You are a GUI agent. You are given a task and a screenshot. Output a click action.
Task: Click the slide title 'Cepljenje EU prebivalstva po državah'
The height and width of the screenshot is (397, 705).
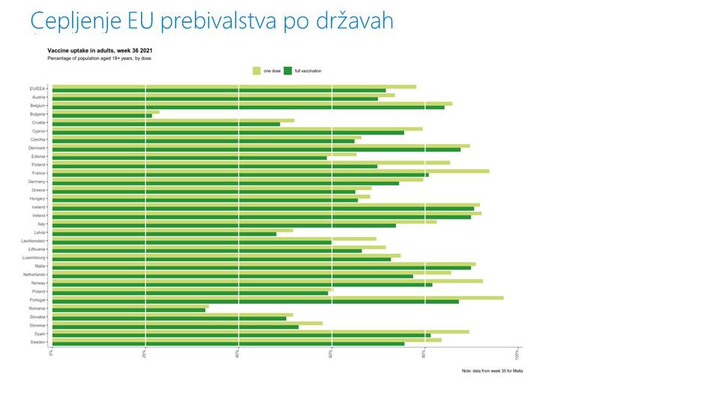(x=212, y=21)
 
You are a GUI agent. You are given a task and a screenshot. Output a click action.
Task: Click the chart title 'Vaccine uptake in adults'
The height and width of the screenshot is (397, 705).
(x=100, y=50)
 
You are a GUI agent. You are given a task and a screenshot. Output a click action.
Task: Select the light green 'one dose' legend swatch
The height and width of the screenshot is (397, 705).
(x=256, y=71)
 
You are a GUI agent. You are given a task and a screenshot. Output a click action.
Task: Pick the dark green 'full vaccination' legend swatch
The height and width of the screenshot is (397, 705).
(x=288, y=71)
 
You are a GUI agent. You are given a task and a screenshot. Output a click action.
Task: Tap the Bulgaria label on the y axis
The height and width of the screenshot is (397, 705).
(x=39, y=114)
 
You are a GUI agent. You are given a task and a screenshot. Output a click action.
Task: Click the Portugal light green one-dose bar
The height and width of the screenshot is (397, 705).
(x=277, y=298)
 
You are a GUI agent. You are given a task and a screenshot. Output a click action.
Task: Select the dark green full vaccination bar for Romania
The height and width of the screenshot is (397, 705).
(x=128, y=309)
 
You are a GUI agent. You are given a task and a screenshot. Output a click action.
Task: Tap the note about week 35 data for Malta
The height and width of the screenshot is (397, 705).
(x=492, y=371)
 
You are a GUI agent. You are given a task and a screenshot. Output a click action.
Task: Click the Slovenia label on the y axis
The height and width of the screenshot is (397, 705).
(x=38, y=326)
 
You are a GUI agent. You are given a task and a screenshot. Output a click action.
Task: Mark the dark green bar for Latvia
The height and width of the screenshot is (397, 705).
(x=163, y=234)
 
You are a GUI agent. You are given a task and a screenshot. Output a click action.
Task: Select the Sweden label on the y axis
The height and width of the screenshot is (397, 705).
(x=39, y=342)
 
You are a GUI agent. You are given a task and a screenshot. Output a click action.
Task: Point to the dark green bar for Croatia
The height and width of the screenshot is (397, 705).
(x=166, y=124)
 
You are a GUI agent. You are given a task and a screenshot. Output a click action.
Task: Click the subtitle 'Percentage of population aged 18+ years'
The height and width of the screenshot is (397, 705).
(x=100, y=58)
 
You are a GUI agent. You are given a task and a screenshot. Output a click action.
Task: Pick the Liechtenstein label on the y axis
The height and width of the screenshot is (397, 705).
(x=34, y=241)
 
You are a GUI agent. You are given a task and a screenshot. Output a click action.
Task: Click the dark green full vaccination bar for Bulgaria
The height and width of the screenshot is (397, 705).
(x=102, y=116)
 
